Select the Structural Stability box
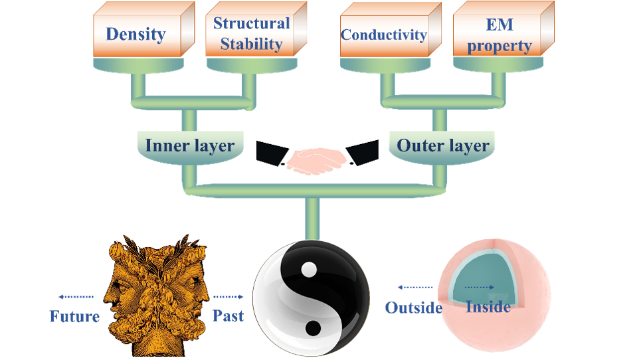click(x=251, y=34)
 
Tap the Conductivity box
click(x=383, y=35)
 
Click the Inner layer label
click(x=189, y=145)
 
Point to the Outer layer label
click(x=443, y=145)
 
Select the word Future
click(x=74, y=315)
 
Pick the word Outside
click(x=414, y=308)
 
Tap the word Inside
click(x=488, y=307)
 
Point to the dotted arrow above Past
click(x=228, y=297)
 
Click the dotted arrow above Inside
click(x=480, y=288)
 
